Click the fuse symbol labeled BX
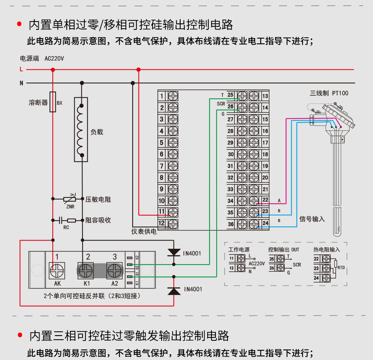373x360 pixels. [x=53, y=102]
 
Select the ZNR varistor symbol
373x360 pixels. [x=69, y=199]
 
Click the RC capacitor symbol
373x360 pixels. [x=61, y=220]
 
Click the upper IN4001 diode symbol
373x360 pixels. [x=174, y=253]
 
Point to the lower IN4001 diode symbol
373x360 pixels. [x=174, y=290]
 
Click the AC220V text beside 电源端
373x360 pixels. [x=54, y=59]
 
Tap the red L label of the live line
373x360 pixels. [x=21, y=69]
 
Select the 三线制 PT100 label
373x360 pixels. [x=329, y=93]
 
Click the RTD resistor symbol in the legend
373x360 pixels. [x=335, y=268]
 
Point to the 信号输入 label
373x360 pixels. [x=312, y=219]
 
